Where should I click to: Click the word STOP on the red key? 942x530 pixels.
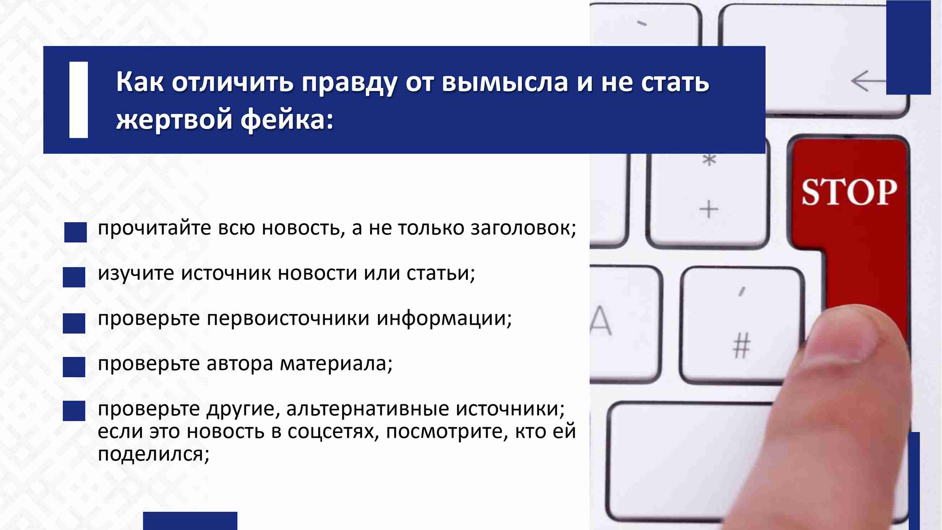point(849,192)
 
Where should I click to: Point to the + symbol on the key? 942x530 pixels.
point(709,210)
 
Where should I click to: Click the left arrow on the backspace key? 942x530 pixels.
point(869,81)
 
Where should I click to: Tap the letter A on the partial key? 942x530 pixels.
point(601,320)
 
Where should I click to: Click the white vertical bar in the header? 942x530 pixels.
point(78,100)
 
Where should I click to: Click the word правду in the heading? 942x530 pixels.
point(349,83)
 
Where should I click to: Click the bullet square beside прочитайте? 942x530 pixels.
point(76,232)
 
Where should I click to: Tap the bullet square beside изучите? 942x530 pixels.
point(74,277)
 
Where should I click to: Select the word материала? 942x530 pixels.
point(336,364)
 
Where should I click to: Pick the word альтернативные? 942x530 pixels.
point(368,409)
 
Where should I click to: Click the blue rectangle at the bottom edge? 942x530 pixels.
point(190,521)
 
